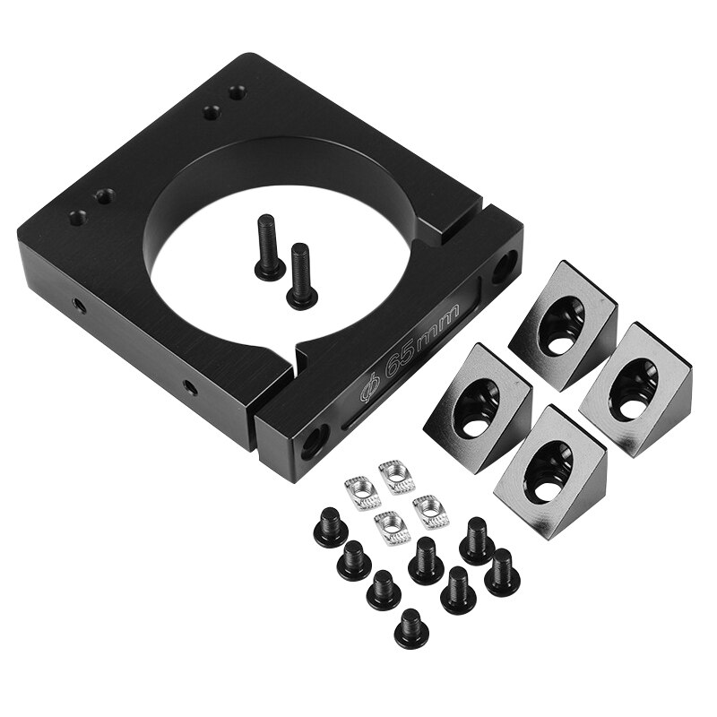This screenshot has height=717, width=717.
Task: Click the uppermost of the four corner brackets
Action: pos(563,323)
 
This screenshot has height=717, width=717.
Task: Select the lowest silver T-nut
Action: pos(392,527)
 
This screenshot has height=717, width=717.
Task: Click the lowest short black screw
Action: pos(411,629)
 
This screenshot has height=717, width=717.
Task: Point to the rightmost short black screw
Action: pos(502,571)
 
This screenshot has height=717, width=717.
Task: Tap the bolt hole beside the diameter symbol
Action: pos(315,439)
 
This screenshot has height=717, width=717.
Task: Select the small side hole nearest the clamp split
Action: pos(190,388)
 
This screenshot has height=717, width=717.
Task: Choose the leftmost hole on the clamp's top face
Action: pos(78,217)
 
